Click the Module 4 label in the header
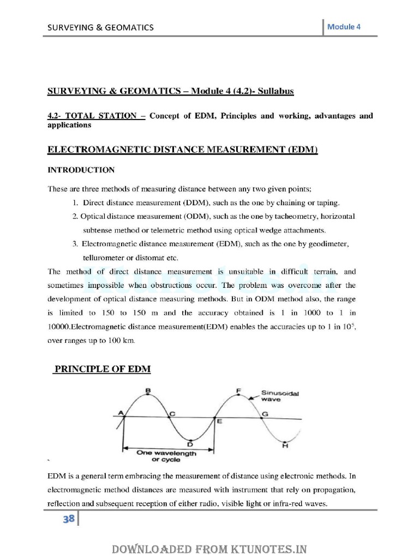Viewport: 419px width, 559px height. tap(344, 26)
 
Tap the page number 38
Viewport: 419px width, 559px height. tap(68, 519)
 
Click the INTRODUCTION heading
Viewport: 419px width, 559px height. tap(81, 170)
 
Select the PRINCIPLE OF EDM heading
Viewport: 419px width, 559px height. tap(102, 369)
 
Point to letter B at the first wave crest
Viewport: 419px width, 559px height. tap(148, 389)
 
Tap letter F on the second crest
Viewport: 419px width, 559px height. tap(238, 390)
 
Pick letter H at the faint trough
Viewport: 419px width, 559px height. tap(285, 445)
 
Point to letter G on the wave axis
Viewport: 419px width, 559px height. tap(265, 414)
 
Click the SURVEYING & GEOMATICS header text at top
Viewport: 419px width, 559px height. tap(101, 27)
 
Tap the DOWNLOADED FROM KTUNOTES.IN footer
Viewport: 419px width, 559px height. tap(209, 548)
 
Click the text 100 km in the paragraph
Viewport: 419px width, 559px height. tap(115, 341)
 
